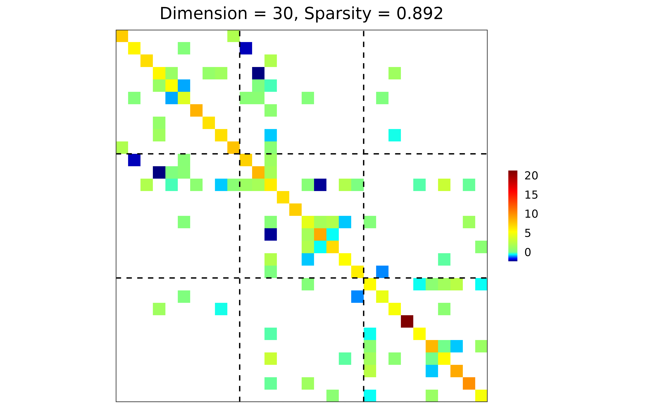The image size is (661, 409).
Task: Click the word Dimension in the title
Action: coord(203,13)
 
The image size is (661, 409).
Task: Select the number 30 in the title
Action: coord(283,13)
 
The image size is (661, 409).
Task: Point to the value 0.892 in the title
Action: coord(419,13)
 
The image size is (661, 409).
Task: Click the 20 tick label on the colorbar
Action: coord(531,176)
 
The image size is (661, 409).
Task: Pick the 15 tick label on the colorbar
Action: coord(531,195)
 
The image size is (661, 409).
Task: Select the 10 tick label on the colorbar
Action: coord(531,214)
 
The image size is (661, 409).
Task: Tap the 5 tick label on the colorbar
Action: coord(528,233)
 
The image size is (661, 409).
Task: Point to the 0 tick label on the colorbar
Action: coord(528,252)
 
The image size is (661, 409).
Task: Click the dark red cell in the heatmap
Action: coord(407,321)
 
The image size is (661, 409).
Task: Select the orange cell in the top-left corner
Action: coord(122,36)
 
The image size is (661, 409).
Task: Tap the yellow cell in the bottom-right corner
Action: coord(481,396)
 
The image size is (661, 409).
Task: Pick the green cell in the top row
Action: coord(233,36)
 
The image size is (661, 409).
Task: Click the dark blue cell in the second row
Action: coord(246,48)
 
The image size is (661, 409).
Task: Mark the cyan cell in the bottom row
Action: coord(370,396)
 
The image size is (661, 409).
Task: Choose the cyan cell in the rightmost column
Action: coord(481,284)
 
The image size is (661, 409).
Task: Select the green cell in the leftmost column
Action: coord(122,147)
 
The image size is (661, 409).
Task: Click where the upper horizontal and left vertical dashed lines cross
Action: coord(240,154)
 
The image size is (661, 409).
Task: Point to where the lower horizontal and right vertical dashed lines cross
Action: coord(364,278)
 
